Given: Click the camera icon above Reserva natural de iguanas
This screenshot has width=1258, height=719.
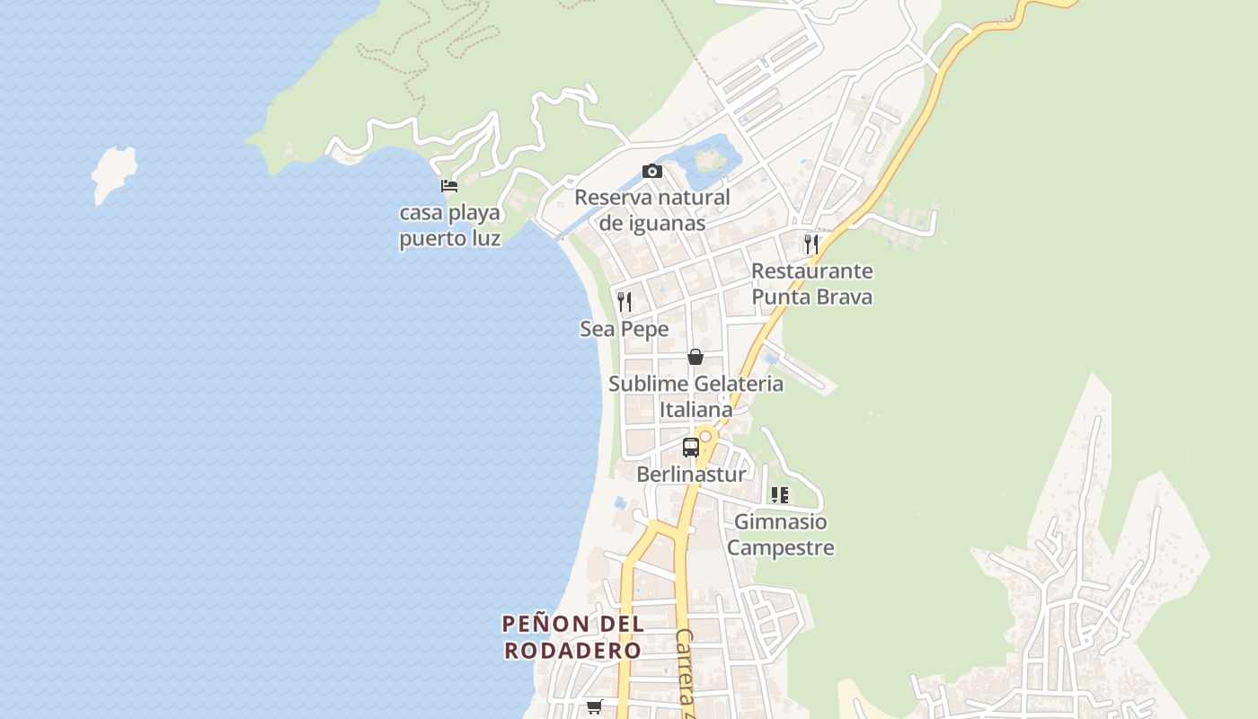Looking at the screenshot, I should pyautogui.click(x=651, y=171).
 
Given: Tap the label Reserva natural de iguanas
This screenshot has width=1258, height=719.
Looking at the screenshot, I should pyautogui.click(x=651, y=210).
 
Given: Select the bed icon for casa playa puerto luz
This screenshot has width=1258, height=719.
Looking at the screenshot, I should pyautogui.click(x=449, y=186).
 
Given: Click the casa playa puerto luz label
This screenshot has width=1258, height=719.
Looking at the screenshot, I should pyautogui.click(x=449, y=226).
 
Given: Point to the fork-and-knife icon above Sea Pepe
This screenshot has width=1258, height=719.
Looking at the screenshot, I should pyautogui.click(x=625, y=301).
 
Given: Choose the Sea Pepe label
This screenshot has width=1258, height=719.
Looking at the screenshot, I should pyautogui.click(x=625, y=329).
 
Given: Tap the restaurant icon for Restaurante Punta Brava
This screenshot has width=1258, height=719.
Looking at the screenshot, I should pyautogui.click(x=811, y=244).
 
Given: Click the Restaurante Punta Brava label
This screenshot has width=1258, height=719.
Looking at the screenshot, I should pyautogui.click(x=811, y=284).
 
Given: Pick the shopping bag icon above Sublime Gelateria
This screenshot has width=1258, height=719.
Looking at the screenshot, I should pyautogui.click(x=695, y=357).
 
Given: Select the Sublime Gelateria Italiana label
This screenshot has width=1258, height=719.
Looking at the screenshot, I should pyautogui.click(x=696, y=396).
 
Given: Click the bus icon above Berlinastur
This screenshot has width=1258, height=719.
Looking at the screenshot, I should pyautogui.click(x=690, y=447).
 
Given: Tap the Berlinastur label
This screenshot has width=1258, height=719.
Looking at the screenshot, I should pyautogui.click(x=691, y=474).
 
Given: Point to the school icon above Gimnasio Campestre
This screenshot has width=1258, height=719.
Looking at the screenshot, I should pyautogui.click(x=780, y=494).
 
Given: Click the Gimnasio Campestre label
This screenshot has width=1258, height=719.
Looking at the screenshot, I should pyautogui.click(x=781, y=534).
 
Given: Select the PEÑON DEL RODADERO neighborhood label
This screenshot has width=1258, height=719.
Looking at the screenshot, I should pyautogui.click(x=572, y=636).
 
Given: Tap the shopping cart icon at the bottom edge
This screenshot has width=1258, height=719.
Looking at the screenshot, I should pyautogui.click(x=594, y=707).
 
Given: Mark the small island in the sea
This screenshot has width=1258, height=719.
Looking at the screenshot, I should pyautogui.click(x=114, y=173).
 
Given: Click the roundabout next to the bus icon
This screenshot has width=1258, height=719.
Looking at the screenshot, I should pyautogui.click(x=705, y=437).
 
